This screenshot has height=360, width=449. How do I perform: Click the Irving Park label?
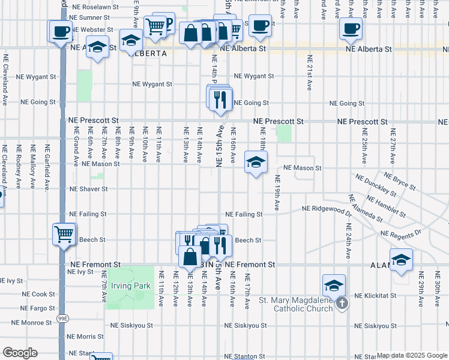[133, 286]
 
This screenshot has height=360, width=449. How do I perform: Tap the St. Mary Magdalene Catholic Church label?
[295, 304]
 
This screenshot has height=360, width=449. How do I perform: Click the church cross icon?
[342, 304]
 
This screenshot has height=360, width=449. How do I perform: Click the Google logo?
[20, 353]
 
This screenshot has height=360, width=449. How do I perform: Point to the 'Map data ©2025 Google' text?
[412, 355]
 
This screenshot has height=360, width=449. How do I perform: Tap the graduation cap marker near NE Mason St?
[256, 163]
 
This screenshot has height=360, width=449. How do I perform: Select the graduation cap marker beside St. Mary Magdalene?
[334, 286]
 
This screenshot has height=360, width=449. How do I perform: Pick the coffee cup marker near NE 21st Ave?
[350, 28]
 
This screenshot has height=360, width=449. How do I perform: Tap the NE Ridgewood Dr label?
[327, 209]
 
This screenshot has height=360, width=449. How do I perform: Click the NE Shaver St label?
[88, 189]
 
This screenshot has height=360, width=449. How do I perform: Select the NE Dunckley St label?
[375, 185]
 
